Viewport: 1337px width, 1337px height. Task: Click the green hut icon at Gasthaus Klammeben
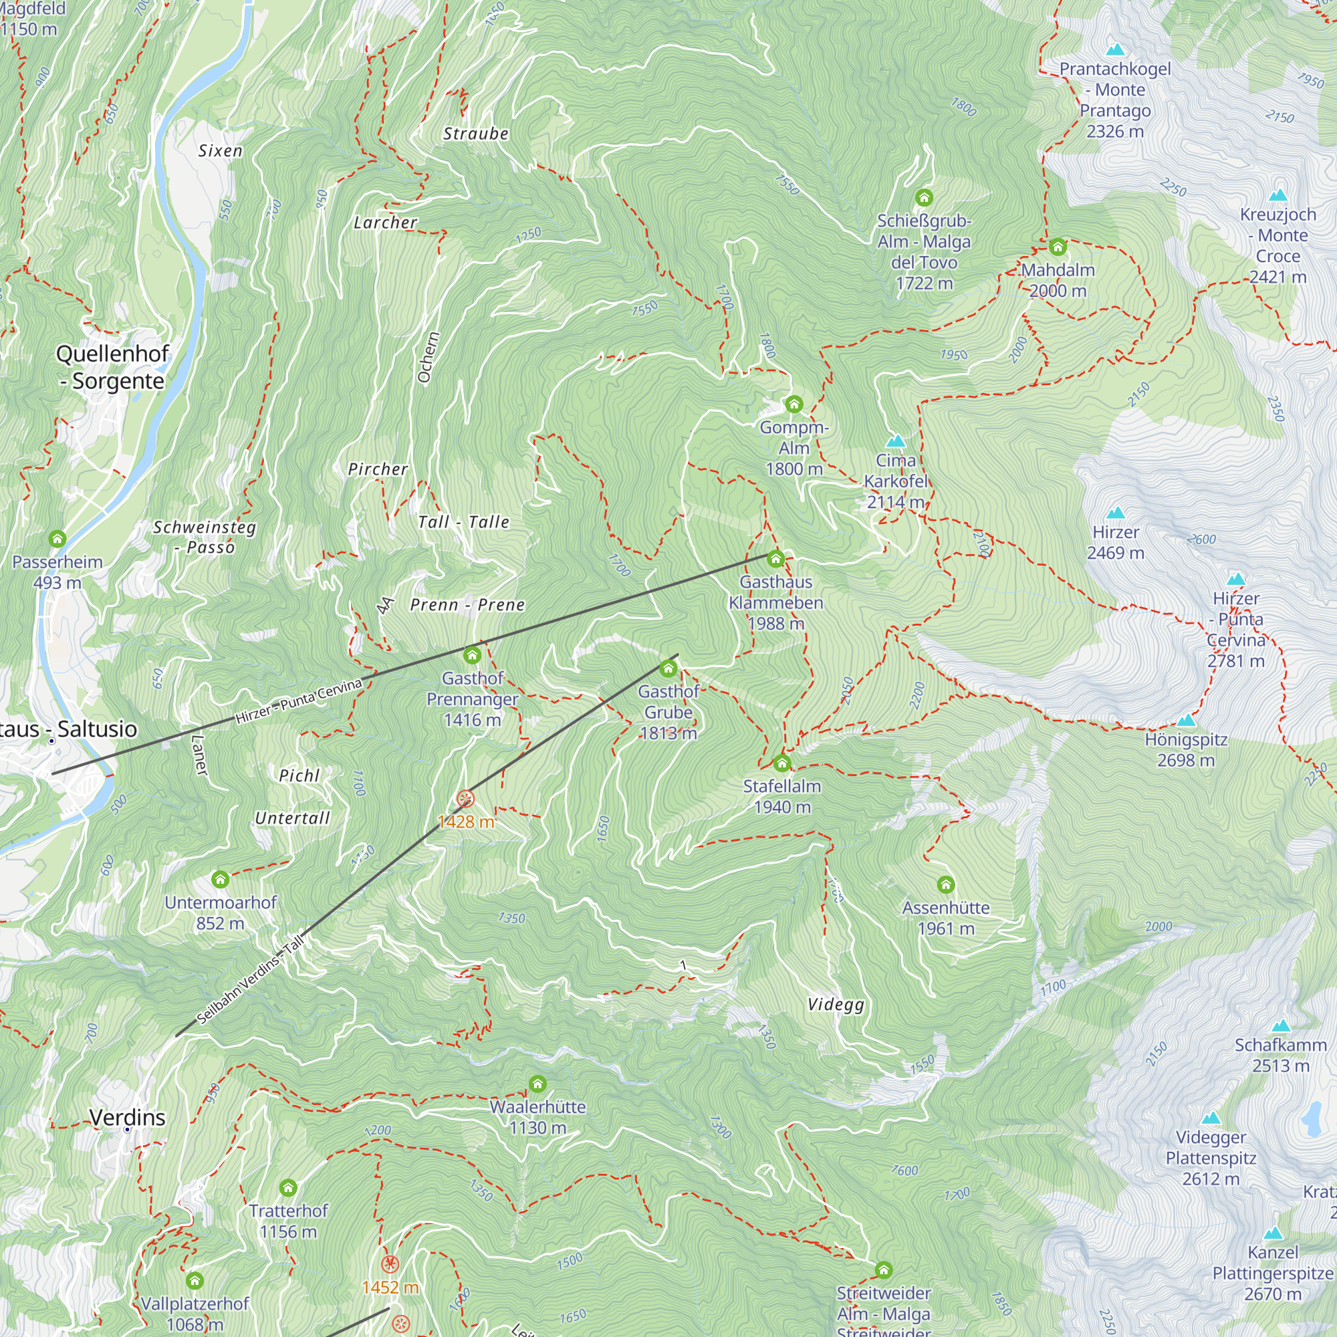[x=775, y=558]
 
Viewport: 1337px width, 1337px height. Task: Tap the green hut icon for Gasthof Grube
[x=668, y=668]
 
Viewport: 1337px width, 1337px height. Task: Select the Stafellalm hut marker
[x=781, y=763]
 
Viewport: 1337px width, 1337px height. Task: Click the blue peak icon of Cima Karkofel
[x=896, y=441]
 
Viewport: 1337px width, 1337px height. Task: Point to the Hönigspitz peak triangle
[x=1186, y=721]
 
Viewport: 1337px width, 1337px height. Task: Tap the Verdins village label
[x=127, y=1117]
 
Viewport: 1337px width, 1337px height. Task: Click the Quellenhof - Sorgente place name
[x=112, y=367]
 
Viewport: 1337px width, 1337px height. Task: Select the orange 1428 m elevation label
[x=466, y=822]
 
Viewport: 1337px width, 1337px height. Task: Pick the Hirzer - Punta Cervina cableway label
[x=298, y=702]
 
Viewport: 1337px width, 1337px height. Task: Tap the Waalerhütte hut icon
[x=537, y=1084]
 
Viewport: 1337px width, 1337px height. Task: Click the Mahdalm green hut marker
[x=1057, y=247]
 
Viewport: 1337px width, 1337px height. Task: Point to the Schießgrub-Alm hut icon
[x=924, y=198]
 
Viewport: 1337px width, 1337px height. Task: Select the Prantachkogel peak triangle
[x=1115, y=50]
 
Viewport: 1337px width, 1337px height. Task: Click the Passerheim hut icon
[x=57, y=537]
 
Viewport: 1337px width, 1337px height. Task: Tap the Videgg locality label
[x=836, y=1004]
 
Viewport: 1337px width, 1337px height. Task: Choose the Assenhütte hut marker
[x=945, y=884]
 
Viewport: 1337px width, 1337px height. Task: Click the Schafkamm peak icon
[x=1280, y=1025]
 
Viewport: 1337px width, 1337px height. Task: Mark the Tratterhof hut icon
[x=288, y=1188]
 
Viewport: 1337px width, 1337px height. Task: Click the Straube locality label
[x=475, y=134]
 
